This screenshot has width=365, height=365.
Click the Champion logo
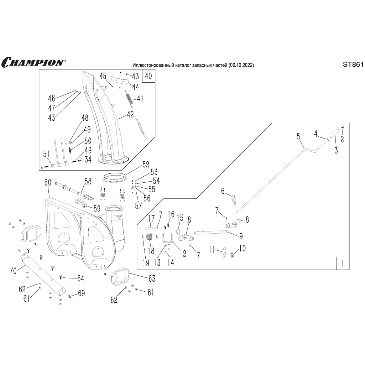33,62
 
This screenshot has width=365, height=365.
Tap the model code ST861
353,64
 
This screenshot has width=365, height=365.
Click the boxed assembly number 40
148,76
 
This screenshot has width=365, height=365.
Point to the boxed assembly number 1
342,264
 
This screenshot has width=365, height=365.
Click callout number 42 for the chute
130,115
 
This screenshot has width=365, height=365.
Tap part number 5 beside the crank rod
298,136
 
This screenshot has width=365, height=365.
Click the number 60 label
48,183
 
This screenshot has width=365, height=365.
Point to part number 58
88,181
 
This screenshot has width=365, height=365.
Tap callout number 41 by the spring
140,99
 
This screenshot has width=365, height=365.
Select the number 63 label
152,278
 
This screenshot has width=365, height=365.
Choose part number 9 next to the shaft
241,236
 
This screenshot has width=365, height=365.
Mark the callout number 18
151,251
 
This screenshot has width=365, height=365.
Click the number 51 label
46,154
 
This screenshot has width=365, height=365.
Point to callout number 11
212,250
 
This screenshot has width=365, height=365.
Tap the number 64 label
80,278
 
